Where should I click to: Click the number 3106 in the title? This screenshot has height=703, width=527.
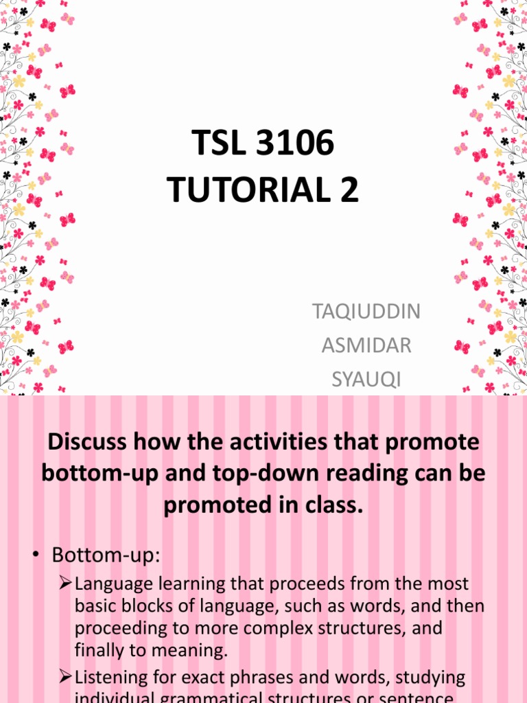tap(298, 146)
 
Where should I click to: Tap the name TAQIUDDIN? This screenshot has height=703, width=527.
tap(366, 312)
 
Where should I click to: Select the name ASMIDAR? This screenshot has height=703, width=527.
tap(366, 345)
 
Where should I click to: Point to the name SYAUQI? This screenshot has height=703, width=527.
tap(366, 379)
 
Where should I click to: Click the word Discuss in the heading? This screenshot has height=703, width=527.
tap(87, 442)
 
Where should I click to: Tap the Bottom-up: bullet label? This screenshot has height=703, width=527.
tap(106, 555)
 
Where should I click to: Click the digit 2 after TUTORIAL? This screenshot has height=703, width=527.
tap(349, 190)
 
